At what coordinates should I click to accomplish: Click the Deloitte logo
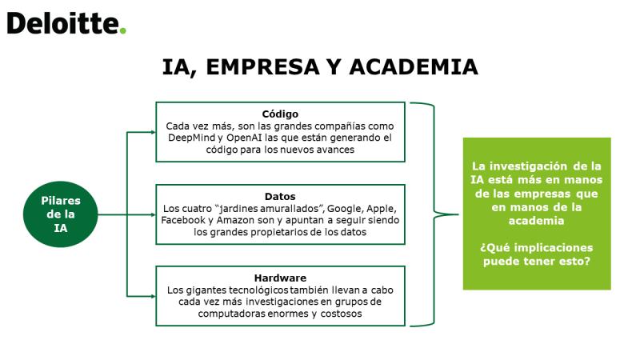pyautogui.click(x=66, y=23)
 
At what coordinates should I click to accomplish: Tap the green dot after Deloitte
pyautogui.click(x=122, y=30)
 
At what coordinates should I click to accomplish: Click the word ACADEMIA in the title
pyautogui.click(x=414, y=67)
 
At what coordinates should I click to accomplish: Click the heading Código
pyautogui.click(x=280, y=114)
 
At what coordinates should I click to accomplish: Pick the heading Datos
pyautogui.click(x=280, y=196)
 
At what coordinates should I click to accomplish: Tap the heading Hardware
pyautogui.click(x=280, y=278)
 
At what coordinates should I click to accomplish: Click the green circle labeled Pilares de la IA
pyautogui.click(x=61, y=214)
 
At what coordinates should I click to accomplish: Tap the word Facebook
pyautogui.click(x=183, y=221)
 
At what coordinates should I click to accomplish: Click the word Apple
pyautogui.click(x=382, y=209)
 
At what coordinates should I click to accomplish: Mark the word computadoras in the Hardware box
pyautogui.click(x=231, y=314)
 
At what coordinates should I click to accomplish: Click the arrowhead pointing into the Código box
pyautogui.click(x=153, y=132)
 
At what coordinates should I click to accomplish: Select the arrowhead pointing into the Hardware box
pyautogui.click(x=153, y=296)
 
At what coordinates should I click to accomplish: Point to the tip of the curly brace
pyautogui.click(x=458, y=214)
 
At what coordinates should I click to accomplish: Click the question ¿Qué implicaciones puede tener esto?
pyautogui.click(x=537, y=254)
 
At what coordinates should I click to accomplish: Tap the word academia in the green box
pyautogui.click(x=536, y=221)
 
